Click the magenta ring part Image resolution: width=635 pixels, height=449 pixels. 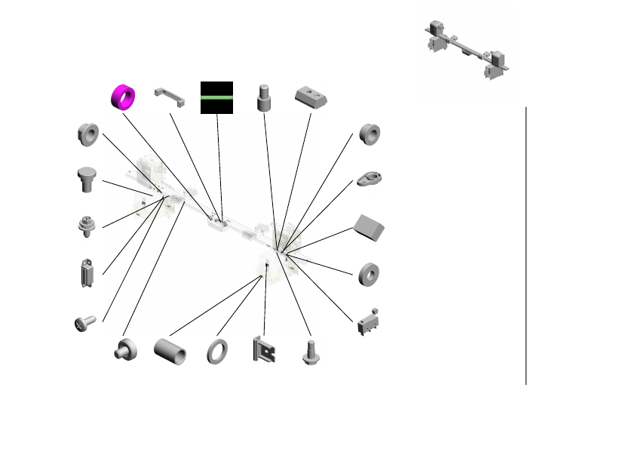coord(123,96)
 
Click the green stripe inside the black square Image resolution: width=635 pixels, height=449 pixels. coord(216,97)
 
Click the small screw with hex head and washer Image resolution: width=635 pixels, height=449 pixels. coord(87,226)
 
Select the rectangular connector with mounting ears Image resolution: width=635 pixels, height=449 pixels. coord(86,274)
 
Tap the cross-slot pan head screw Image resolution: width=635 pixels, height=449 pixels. coord(84,323)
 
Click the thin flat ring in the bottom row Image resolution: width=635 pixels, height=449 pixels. coord(219,351)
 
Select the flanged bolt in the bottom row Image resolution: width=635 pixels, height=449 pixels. coord(310,352)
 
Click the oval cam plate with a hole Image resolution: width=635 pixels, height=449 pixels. coord(370,179)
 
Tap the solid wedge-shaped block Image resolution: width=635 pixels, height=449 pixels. coord(370,226)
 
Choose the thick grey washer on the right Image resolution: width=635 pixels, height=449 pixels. coord(369,273)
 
